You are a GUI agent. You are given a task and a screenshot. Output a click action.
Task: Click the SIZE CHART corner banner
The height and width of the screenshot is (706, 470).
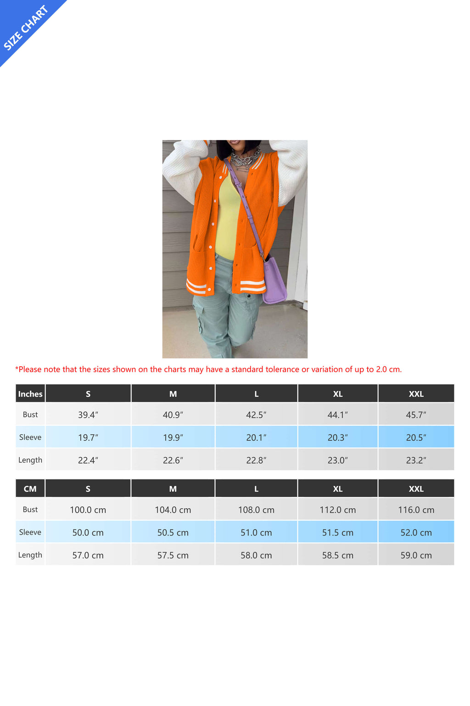tap(25, 28)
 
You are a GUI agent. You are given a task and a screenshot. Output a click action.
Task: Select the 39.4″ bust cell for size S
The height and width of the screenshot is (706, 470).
tap(88, 415)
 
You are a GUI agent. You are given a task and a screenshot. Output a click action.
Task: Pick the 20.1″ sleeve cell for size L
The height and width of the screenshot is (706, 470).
tap(256, 438)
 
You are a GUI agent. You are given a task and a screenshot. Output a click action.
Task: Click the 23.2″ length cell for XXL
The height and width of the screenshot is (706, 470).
tap(416, 460)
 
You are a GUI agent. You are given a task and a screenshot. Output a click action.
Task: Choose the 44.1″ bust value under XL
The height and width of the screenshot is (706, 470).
tap(338, 415)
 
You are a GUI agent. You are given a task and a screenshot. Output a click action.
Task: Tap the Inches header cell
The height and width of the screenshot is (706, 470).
tap(30, 394)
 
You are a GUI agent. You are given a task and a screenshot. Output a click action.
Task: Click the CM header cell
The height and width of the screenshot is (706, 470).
tap(30, 489)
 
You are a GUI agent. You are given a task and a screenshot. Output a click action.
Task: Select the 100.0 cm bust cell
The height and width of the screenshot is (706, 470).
tap(88, 510)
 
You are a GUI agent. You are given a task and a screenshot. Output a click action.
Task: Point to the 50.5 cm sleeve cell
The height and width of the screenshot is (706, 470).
tap(173, 533)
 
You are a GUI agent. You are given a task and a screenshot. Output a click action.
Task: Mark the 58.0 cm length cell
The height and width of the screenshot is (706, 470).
tap(256, 555)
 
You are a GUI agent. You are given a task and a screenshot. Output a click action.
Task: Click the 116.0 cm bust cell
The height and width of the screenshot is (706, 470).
tap(416, 510)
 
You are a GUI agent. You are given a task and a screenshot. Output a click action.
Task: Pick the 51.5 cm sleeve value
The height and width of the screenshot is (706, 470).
tap(338, 533)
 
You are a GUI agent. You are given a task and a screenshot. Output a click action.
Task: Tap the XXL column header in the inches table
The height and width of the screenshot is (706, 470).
tap(416, 394)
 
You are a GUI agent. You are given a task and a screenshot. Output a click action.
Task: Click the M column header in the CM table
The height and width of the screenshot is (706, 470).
tap(173, 489)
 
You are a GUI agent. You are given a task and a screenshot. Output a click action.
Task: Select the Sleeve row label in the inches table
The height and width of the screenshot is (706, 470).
tap(30, 437)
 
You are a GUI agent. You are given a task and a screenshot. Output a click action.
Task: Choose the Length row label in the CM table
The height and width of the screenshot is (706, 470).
tap(30, 555)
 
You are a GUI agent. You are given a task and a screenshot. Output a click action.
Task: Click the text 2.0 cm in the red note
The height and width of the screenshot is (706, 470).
tap(388, 370)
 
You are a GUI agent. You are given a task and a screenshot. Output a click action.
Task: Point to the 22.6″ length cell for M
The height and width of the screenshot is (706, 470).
tap(173, 460)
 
